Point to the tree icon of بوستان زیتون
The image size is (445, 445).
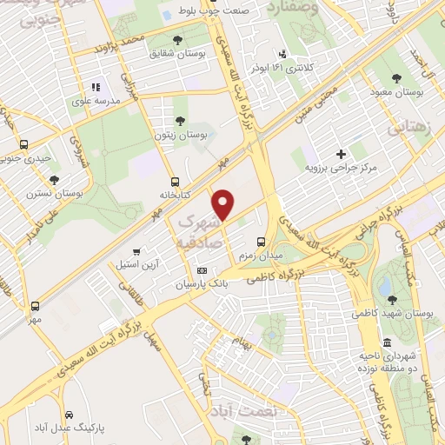[x=180, y=122]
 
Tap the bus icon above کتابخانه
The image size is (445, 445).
[x=176, y=182]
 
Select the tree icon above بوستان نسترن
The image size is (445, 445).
[x=55, y=180]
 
